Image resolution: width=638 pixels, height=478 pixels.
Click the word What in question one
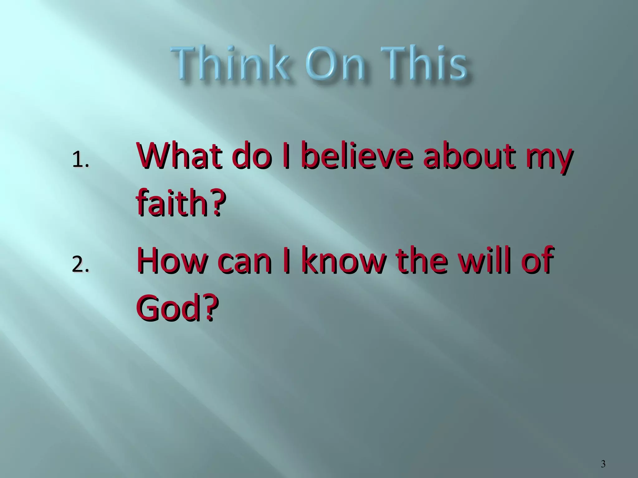(x=179, y=156)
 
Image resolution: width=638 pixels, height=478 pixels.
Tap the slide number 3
(x=603, y=464)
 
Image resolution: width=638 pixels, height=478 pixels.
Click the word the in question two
(x=422, y=261)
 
